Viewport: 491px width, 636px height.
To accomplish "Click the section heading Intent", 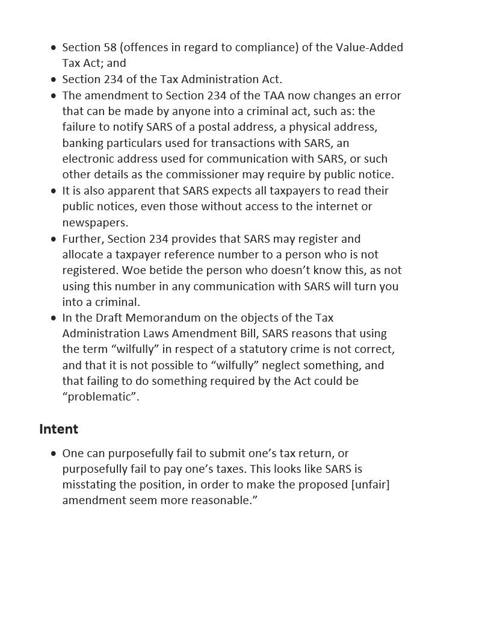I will (58, 429).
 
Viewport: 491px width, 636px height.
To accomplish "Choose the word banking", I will (82, 143).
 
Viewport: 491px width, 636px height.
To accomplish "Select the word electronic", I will (88, 158).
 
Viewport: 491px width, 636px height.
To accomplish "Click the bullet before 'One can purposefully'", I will (54, 454).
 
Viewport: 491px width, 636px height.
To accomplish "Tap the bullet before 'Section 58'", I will (54, 48).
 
